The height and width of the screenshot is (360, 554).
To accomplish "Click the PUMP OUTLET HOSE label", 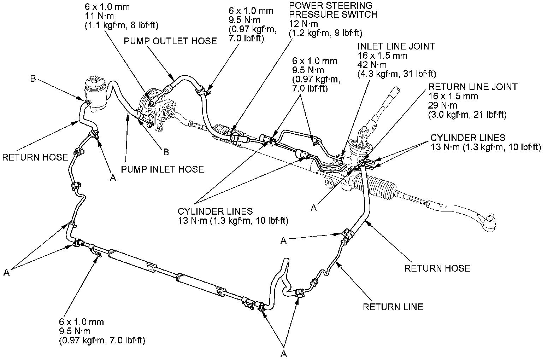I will pos(170,41).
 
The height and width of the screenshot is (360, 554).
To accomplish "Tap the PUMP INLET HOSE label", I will pos(163,169).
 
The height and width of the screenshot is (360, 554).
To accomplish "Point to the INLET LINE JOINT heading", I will pos(396,46).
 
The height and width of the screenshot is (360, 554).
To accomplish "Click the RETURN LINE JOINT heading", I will pos(473,87).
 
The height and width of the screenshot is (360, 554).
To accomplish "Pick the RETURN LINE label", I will pos(393,307).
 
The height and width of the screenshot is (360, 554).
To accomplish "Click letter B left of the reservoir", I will pos(33,79).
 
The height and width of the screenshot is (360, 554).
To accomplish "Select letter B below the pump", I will pos(166,152).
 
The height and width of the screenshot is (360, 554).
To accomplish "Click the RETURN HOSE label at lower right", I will pos(437,268).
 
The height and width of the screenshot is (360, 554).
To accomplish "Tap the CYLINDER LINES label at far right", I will pos(468,138).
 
